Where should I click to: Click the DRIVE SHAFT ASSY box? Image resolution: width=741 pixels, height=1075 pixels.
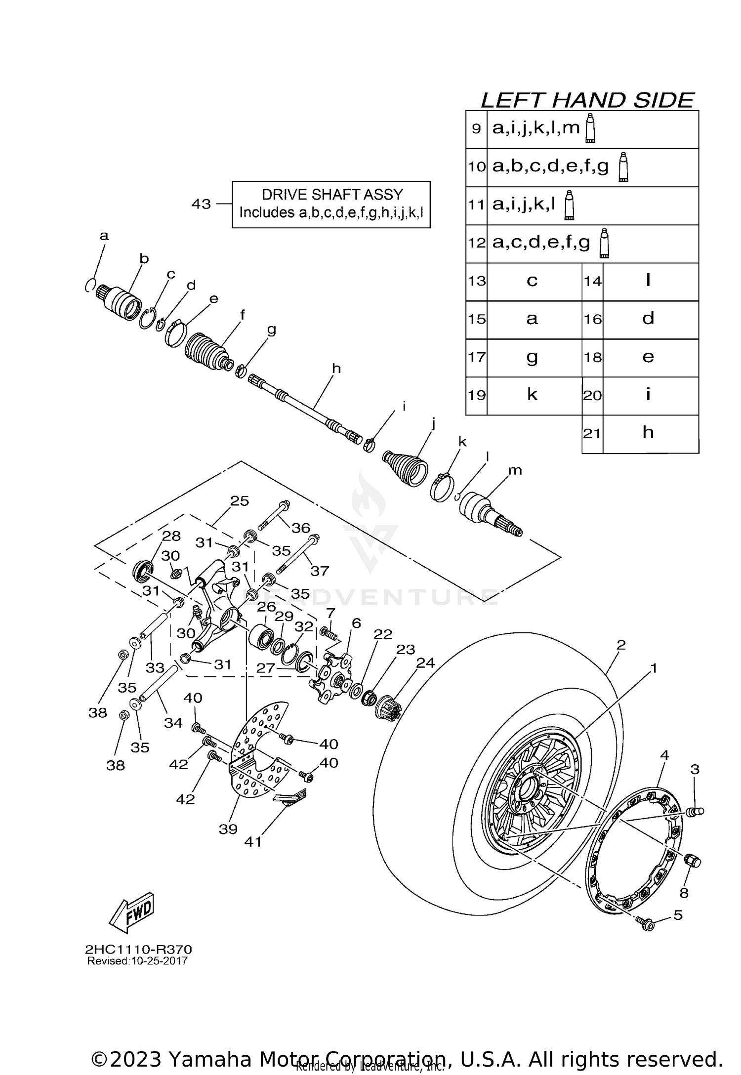331,204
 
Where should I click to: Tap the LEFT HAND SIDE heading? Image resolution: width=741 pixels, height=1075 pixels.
587,100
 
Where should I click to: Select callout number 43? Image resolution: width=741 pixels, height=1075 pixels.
201,204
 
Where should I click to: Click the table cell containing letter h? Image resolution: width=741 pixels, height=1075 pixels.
648,433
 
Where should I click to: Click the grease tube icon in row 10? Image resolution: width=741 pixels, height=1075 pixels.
623,167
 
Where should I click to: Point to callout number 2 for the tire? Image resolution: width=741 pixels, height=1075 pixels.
621,645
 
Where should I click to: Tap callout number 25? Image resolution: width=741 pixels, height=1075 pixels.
240,500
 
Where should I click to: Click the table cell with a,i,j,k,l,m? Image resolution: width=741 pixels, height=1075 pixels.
536,128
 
